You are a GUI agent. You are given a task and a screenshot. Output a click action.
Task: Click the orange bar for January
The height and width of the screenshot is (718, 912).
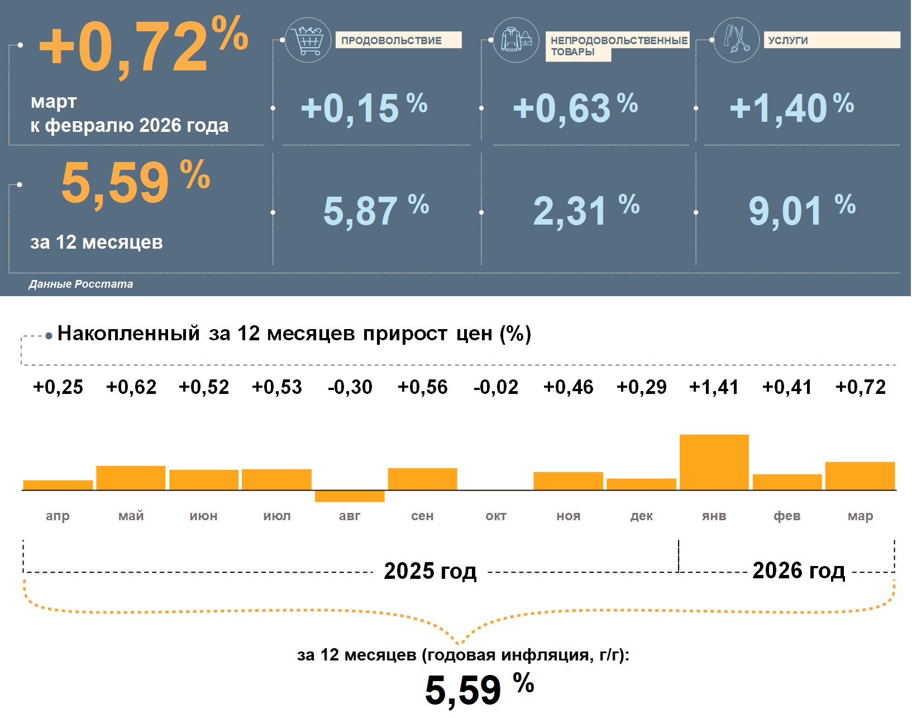[x=714, y=462]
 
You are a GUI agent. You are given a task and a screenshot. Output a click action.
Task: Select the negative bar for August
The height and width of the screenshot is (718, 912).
[x=350, y=496]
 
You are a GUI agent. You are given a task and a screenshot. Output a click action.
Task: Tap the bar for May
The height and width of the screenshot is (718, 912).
[x=131, y=478]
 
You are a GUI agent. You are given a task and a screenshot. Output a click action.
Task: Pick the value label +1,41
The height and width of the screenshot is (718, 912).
[x=714, y=387]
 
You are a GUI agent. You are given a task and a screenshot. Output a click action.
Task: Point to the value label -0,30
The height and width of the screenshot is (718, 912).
[x=350, y=387]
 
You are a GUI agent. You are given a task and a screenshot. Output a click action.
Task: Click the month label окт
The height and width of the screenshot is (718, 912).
[x=496, y=516]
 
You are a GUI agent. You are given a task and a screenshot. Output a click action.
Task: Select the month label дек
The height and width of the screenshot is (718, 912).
[x=641, y=516]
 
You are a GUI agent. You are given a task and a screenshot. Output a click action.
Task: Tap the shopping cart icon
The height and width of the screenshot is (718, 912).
[x=308, y=40]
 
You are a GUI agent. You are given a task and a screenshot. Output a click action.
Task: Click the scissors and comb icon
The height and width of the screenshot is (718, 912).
[x=737, y=40]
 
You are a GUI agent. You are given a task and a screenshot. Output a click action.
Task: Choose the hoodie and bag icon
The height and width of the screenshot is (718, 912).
[x=516, y=40]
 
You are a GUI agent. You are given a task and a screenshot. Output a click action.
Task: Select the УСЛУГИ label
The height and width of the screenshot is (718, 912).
[x=787, y=40]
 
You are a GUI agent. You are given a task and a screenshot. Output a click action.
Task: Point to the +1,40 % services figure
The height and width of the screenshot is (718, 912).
[x=791, y=108]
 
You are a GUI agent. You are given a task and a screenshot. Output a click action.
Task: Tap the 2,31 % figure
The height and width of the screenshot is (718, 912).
[x=585, y=211]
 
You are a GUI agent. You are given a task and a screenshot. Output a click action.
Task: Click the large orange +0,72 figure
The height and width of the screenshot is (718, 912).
[x=142, y=47]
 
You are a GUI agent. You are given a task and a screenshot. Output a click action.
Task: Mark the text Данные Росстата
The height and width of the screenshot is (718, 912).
[x=81, y=284]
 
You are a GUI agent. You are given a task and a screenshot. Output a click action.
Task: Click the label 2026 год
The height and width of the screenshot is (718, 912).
[x=799, y=570]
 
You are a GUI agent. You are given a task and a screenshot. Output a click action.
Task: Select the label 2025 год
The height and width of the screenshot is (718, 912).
[x=430, y=571]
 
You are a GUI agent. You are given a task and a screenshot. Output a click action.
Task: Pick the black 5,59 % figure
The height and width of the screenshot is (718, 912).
[x=479, y=689]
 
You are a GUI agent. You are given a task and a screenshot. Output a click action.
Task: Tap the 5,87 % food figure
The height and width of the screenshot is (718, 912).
[x=375, y=211]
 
